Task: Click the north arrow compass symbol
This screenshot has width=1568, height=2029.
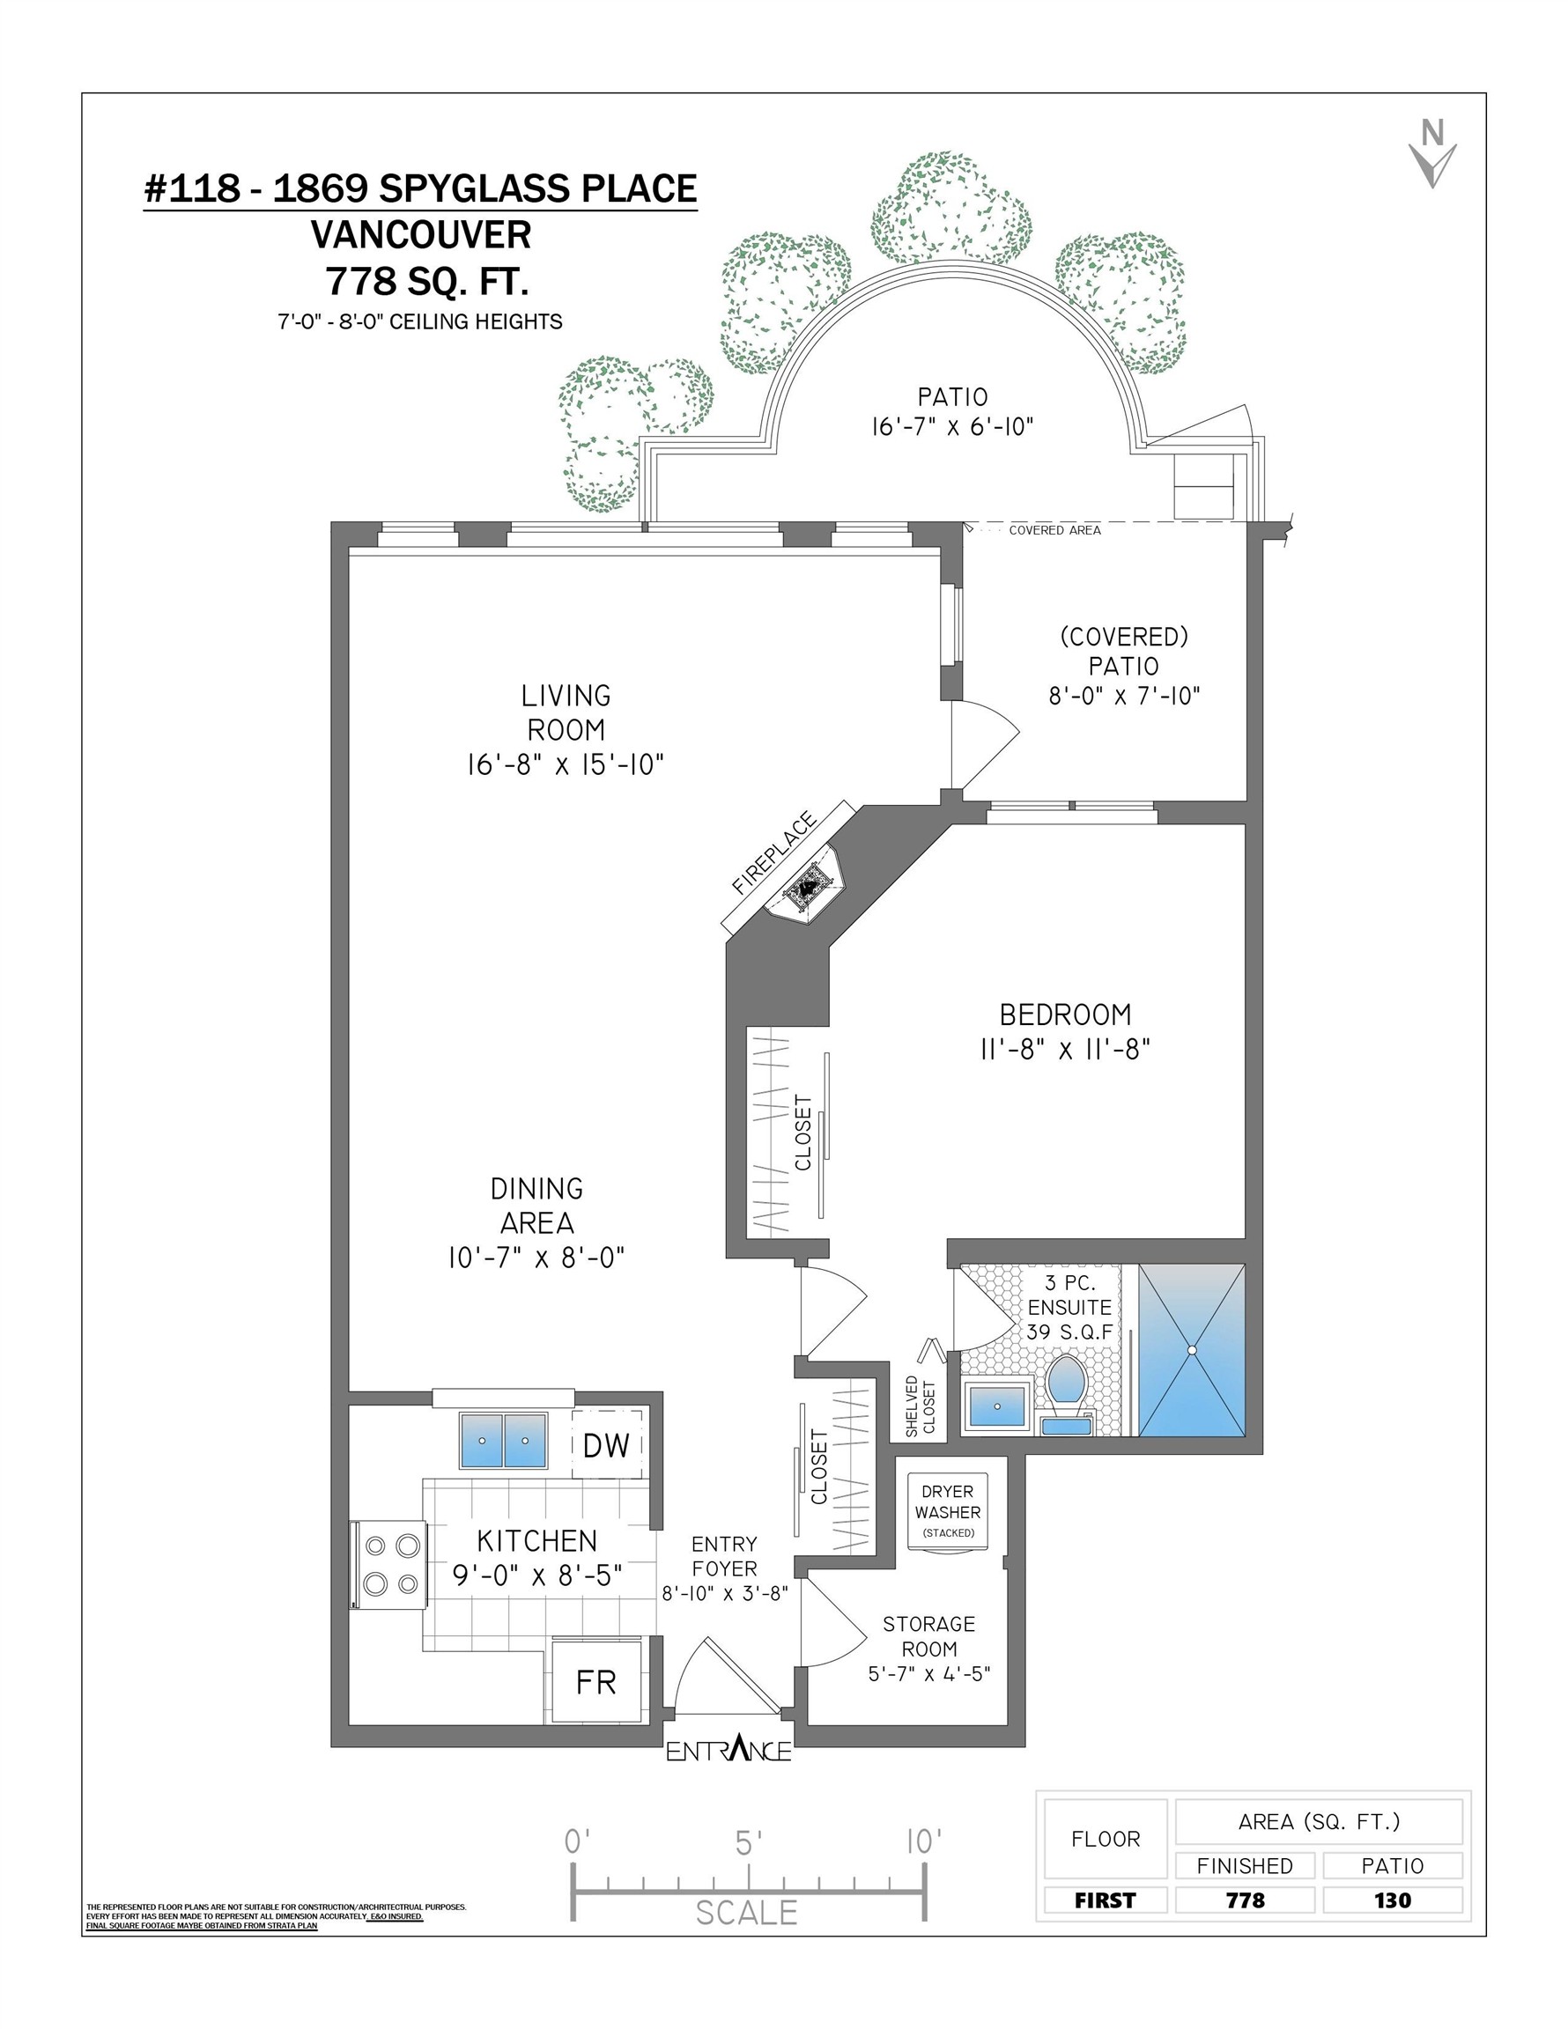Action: [1432, 156]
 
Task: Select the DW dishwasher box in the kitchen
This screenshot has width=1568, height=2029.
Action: [606, 1444]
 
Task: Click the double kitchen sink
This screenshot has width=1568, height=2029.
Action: [503, 1440]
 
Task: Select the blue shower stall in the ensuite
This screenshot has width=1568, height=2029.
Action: [1191, 1349]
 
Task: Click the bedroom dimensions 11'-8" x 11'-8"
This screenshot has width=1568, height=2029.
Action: [1065, 1049]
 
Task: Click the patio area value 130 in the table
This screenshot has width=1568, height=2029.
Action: [1392, 1900]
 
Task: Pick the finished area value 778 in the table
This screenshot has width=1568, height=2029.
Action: [1245, 1900]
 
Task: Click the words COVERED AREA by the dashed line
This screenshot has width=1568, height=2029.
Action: [1054, 530]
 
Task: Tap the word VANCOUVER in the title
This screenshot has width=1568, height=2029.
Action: [420, 235]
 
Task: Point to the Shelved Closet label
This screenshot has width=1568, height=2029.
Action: [921, 1406]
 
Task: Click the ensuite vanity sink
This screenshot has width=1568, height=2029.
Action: [997, 1406]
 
